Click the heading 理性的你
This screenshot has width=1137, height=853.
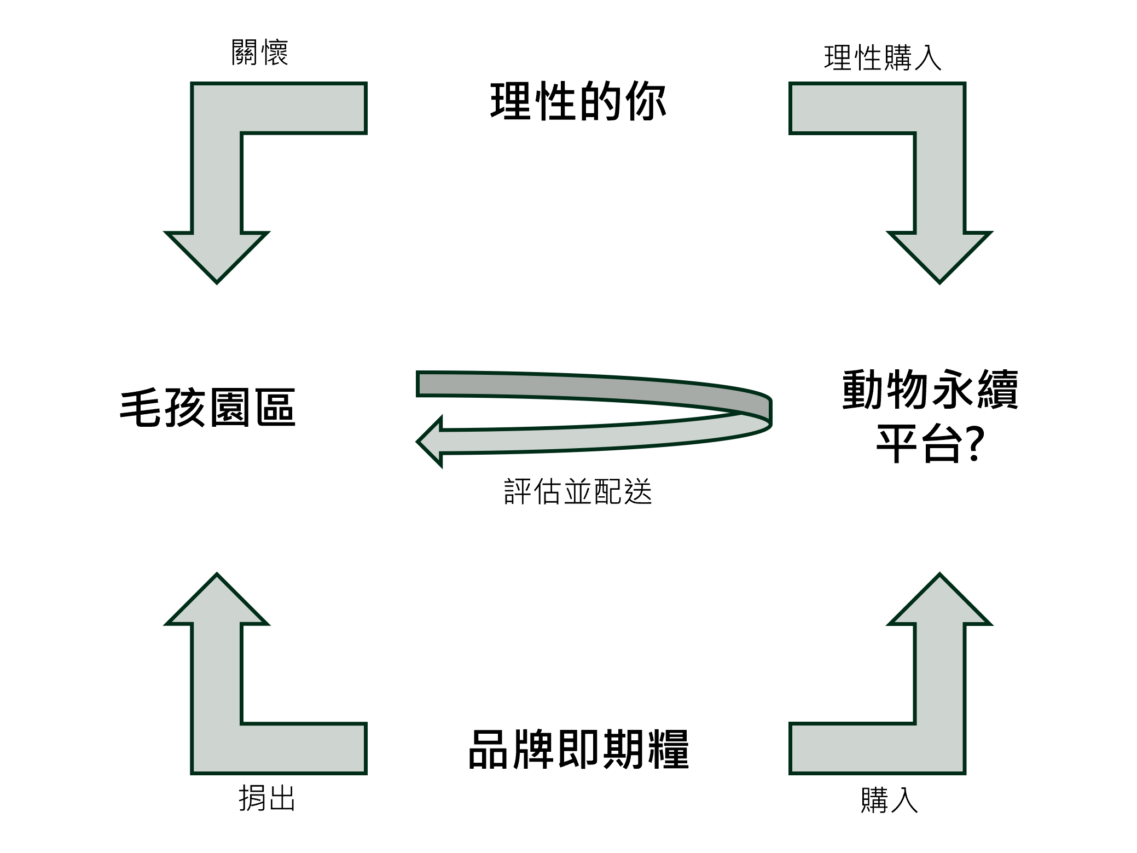coord(578,102)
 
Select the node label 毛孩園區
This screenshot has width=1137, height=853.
coord(207,408)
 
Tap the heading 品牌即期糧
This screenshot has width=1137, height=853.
coord(578,750)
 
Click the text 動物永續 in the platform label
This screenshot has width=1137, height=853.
coord(930,390)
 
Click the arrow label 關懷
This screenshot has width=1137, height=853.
coord(259,53)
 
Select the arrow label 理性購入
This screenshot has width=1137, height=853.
coord(882,58)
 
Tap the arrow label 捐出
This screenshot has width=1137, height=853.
coord(267,798)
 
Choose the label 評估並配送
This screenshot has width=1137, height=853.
coord(578,491)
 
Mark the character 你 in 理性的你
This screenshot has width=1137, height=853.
coord(646,102)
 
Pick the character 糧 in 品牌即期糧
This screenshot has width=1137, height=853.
coord(668,750)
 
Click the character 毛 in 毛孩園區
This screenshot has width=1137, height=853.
coord(141,408)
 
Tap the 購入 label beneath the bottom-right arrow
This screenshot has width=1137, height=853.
coord(889,800)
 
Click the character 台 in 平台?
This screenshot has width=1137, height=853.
coord(940,444)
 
